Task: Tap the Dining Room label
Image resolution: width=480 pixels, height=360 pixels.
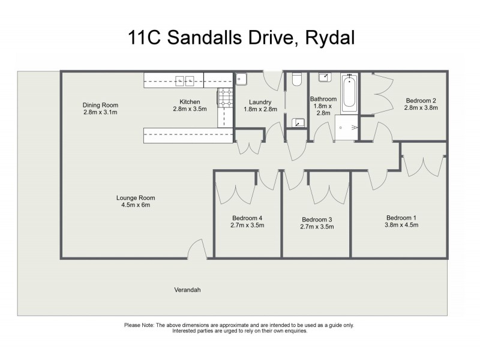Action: pos(100,105)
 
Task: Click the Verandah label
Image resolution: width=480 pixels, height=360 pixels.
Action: pos(187,290)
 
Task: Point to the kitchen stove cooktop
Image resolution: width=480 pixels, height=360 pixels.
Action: pos(226,98)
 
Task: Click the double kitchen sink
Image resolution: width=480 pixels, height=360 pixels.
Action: pos(185,80)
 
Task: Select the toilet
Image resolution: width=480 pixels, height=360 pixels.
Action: pos(296,79)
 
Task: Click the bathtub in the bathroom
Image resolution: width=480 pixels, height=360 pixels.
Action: pos(349,94)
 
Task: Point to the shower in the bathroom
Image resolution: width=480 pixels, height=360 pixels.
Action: pos(344,127)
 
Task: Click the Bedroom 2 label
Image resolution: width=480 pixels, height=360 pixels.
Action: pos(421,101)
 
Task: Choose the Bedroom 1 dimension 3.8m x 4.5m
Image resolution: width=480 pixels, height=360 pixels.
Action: pos(401,225)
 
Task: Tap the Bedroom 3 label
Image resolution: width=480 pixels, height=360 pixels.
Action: pos(317,219)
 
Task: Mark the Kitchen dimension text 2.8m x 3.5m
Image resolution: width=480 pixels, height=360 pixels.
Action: pos(190,109)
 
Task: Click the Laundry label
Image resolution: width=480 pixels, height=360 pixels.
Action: pos(260,102)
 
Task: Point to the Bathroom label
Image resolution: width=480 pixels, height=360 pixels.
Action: pos(323,99)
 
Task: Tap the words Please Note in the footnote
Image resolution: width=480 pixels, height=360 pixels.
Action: pos(139,325)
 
